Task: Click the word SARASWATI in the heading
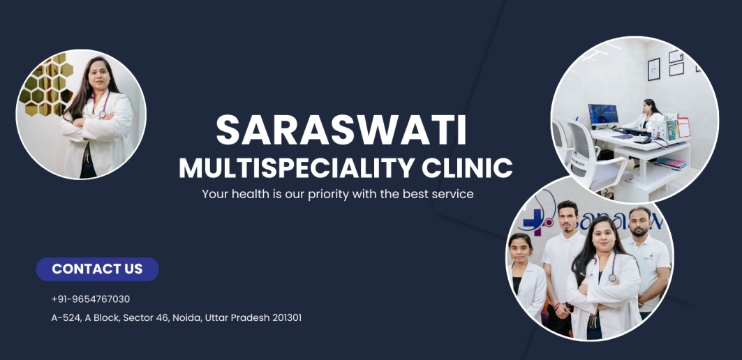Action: (341, 130)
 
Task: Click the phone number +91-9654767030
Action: (90, 299)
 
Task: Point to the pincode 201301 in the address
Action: (287, 317)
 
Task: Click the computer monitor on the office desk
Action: (603, 115)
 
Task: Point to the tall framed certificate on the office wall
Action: (653, 70)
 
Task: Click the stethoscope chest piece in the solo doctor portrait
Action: (102, 114)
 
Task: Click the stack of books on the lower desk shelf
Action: (671, 163)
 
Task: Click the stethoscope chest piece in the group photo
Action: (612, 278)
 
